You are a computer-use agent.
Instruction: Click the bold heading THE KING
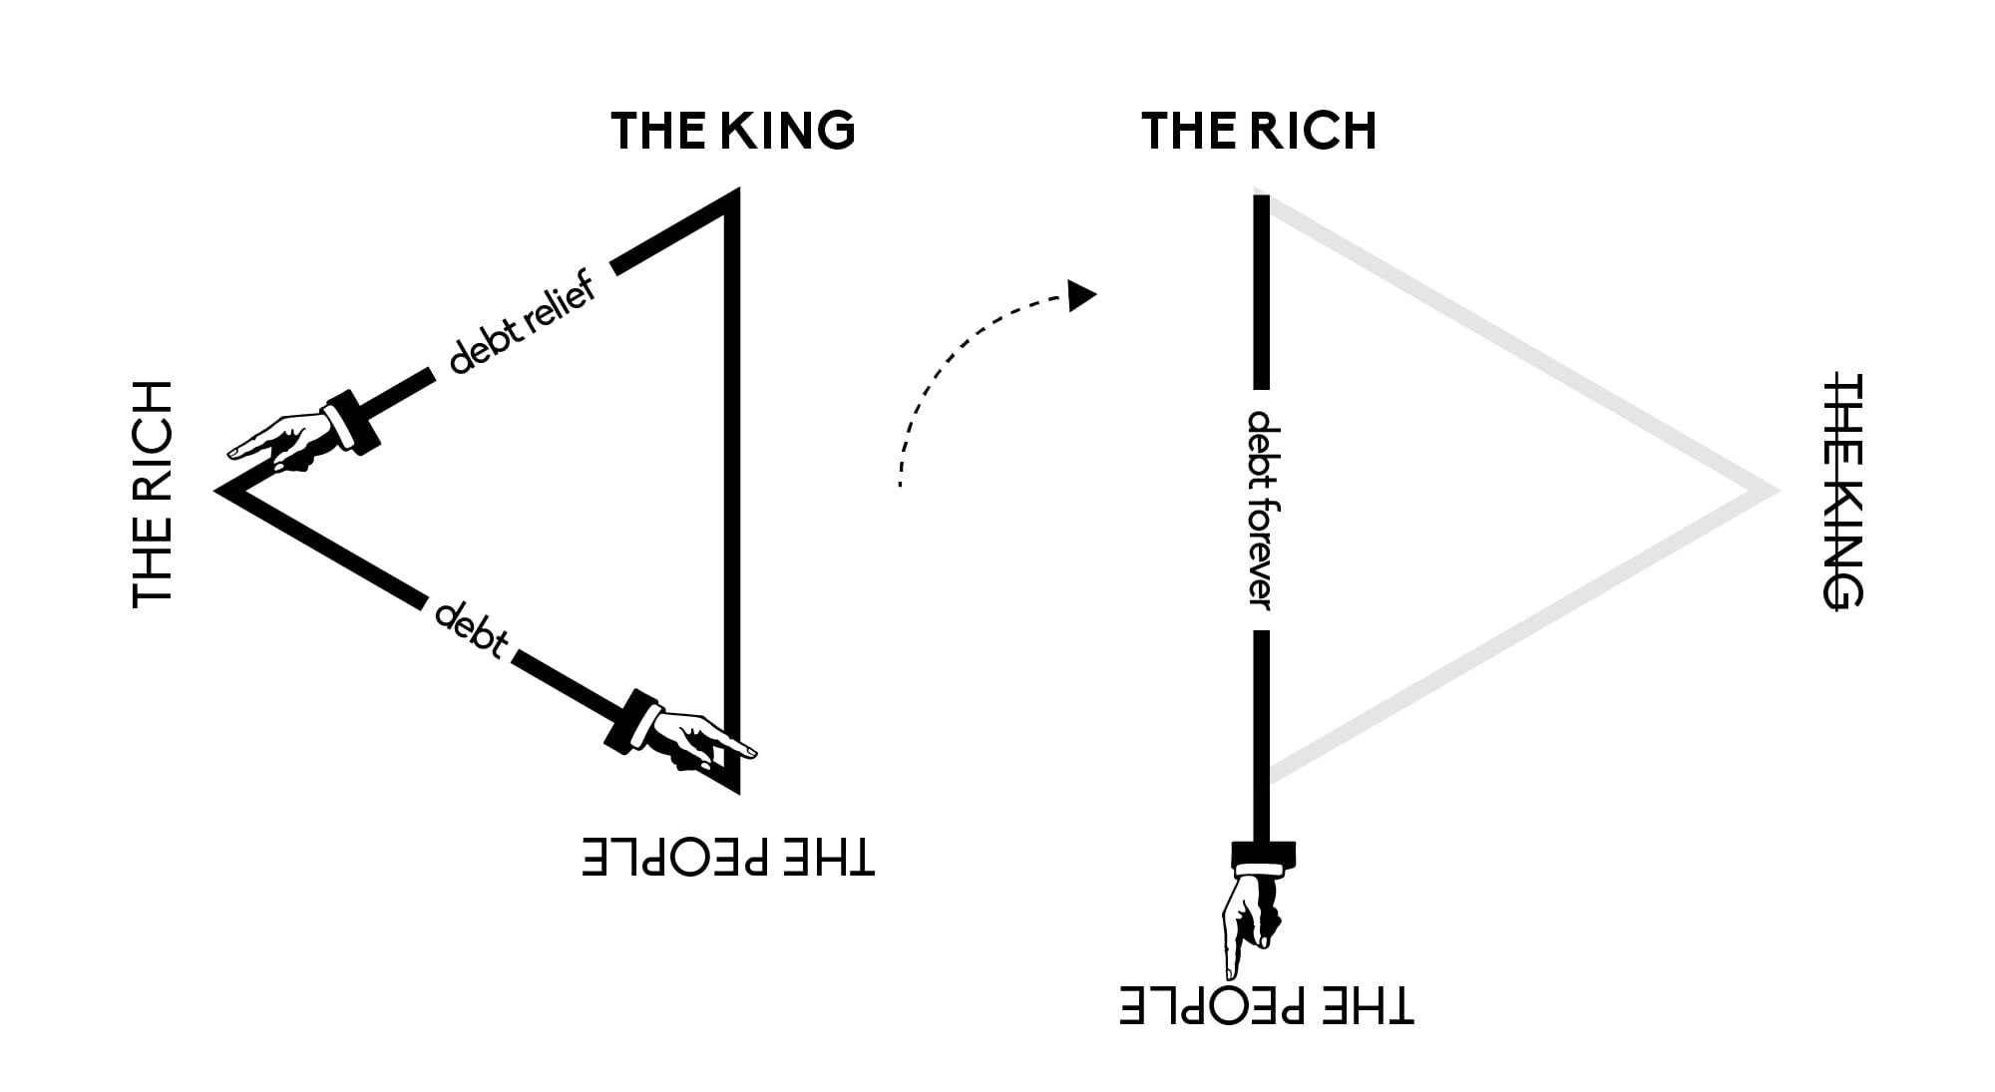click(x=733, y=131)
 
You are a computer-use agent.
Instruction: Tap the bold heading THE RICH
click(x=1259, y=131)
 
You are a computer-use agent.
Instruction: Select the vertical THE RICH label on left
click(x=153, y=493)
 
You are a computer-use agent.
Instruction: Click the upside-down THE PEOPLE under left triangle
click(x=729, y=857)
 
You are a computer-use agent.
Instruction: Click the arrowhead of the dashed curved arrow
click(x=1081, y=295)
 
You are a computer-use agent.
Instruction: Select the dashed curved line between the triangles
click(x=948, y=369)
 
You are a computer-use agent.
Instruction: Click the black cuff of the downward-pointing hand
click(x=1263, y=856)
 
